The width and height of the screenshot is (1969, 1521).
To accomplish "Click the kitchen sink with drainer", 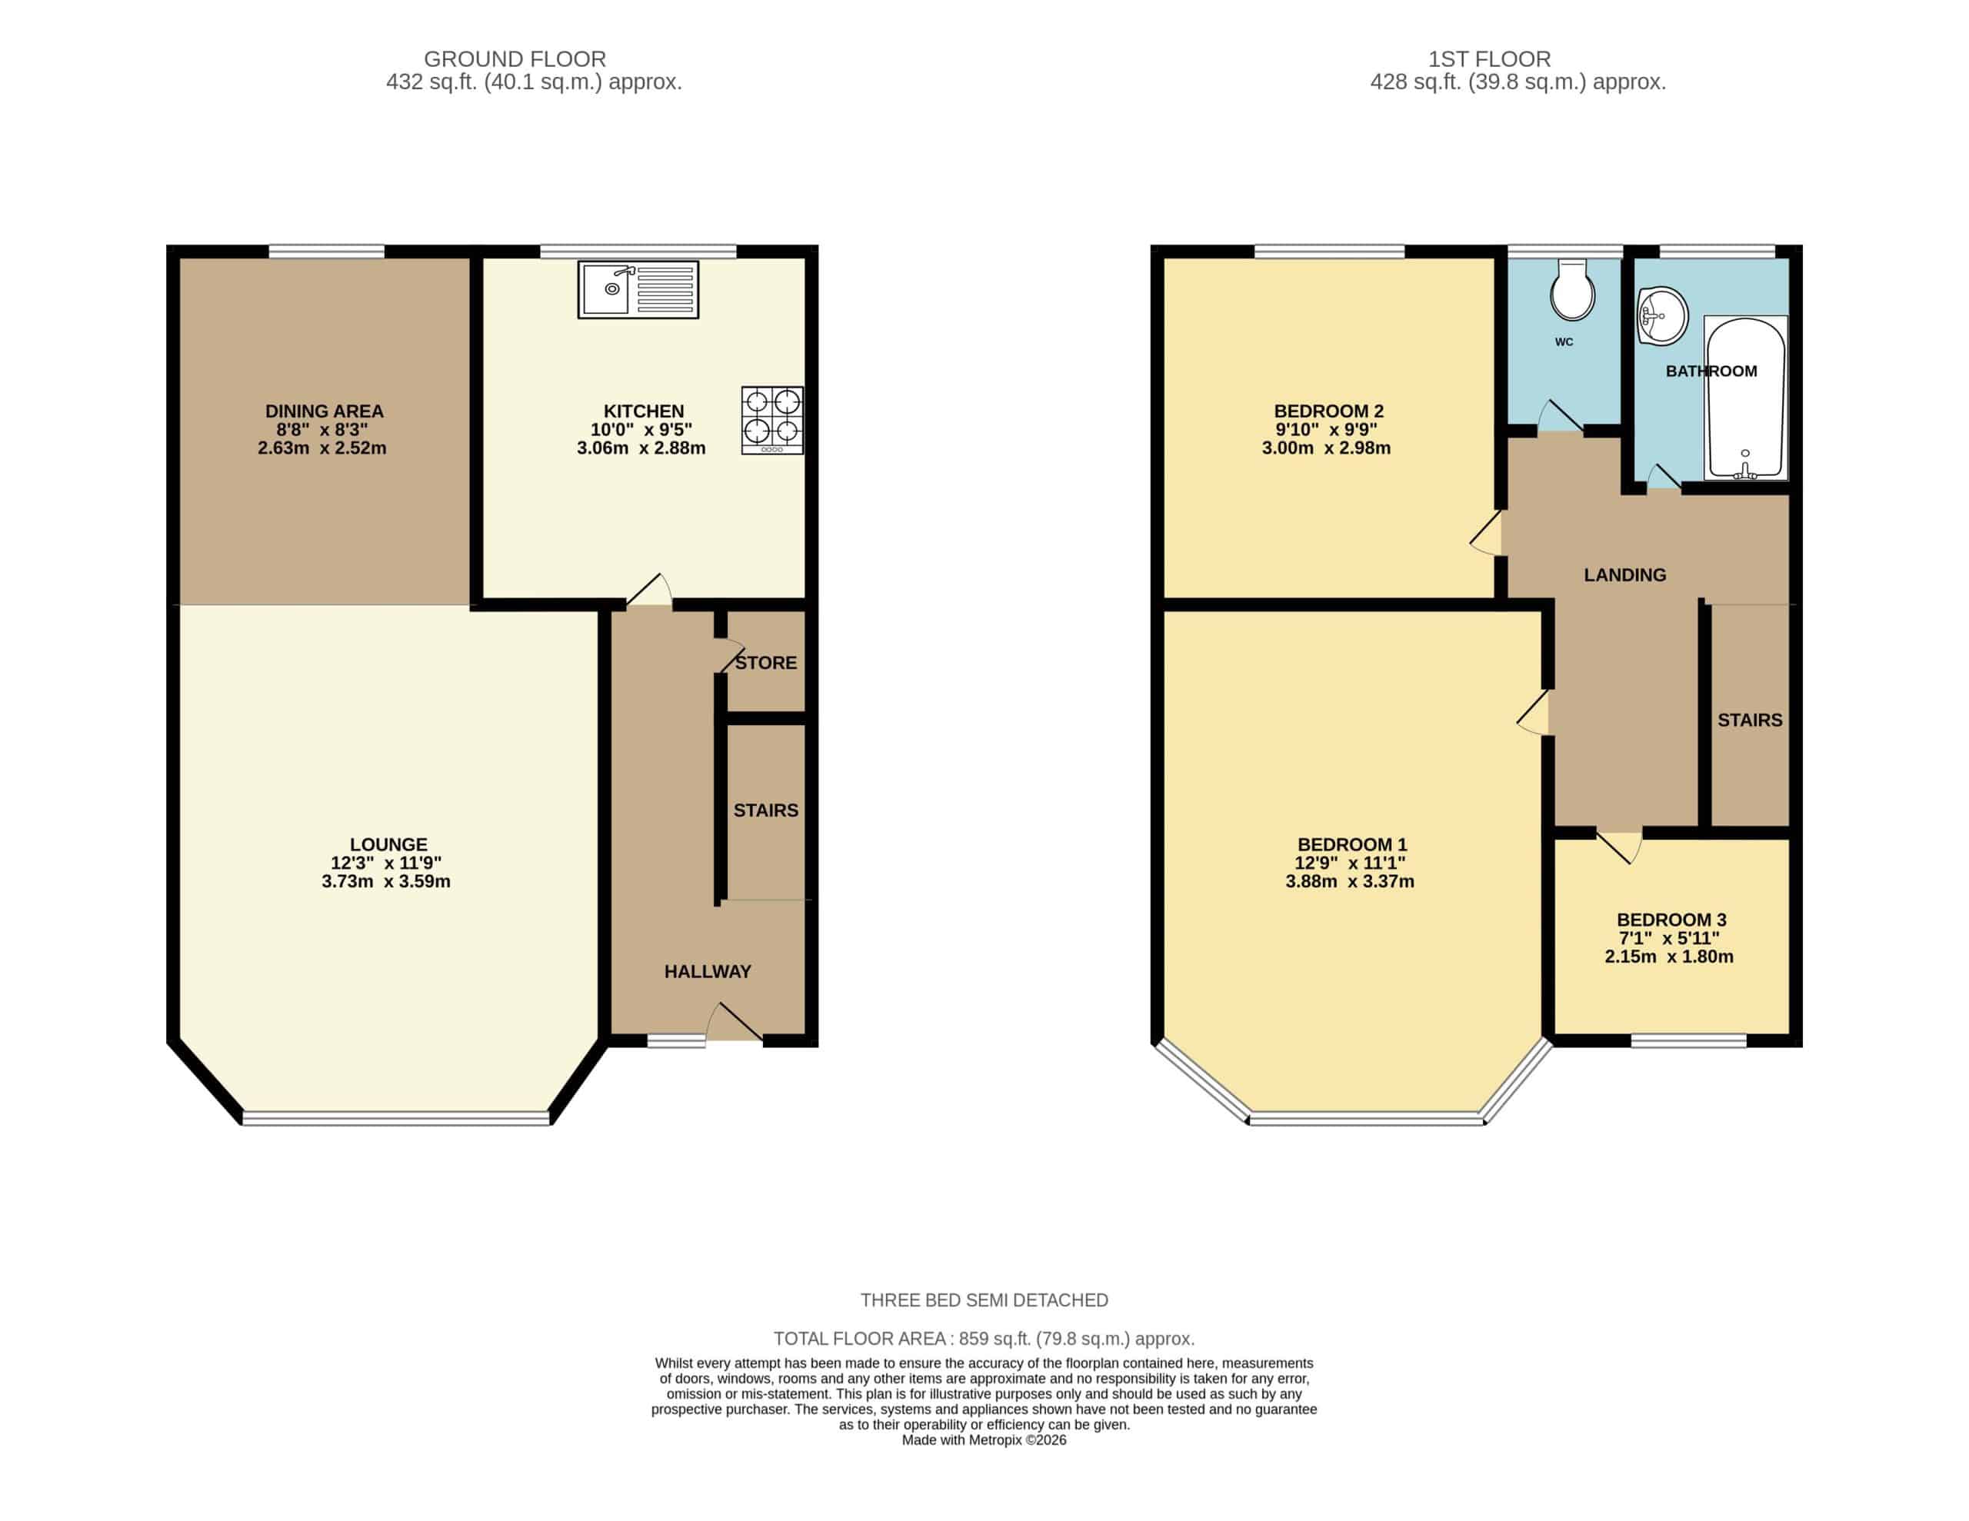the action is [638, 289].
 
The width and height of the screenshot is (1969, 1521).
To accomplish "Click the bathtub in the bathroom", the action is [1745, 398].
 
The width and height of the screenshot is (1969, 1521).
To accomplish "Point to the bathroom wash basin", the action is [1661, 315].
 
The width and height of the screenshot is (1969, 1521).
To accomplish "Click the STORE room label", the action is [765, 663].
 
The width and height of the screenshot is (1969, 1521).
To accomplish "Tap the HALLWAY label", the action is [708, 971].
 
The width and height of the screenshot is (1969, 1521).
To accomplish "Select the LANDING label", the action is [1624, 574].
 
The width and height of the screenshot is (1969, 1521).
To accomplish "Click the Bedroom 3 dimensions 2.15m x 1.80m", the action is [1669, 957].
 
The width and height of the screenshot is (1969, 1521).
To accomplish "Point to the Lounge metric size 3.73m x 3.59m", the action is [386, 881].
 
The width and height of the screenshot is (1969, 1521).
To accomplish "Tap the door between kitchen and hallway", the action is [649, 591].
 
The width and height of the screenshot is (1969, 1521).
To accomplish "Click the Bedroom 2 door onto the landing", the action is [1487, 533].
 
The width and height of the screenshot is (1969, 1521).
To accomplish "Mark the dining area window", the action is [326, 251].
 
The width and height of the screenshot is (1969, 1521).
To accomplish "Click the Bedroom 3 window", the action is [1688, 1040].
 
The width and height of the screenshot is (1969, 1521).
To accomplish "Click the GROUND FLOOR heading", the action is [515, 59].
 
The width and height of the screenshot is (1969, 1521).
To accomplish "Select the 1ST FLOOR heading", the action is [1489, 59].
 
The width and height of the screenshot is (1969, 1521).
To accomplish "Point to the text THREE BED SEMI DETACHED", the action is [984, 1300].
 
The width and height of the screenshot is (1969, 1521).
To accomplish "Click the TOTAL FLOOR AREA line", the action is [984, 1339].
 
